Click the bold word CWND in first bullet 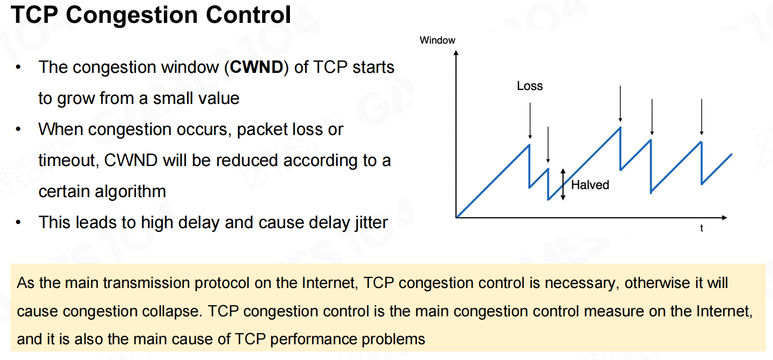[257, 67]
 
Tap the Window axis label [437, 40]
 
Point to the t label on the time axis [701, 228]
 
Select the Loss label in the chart [529, 86]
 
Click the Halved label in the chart [590, 185]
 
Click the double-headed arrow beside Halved [563, 184]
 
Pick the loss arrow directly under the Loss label [530, 121]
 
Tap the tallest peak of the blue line [620, 128]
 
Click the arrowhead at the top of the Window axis [456, 53]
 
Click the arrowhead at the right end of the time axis [724, 218]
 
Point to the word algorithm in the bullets [102, 192]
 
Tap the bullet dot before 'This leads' [18, 222]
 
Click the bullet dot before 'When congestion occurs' [18, 129]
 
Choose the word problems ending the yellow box [393, 339]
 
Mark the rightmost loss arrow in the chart [701, 117]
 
